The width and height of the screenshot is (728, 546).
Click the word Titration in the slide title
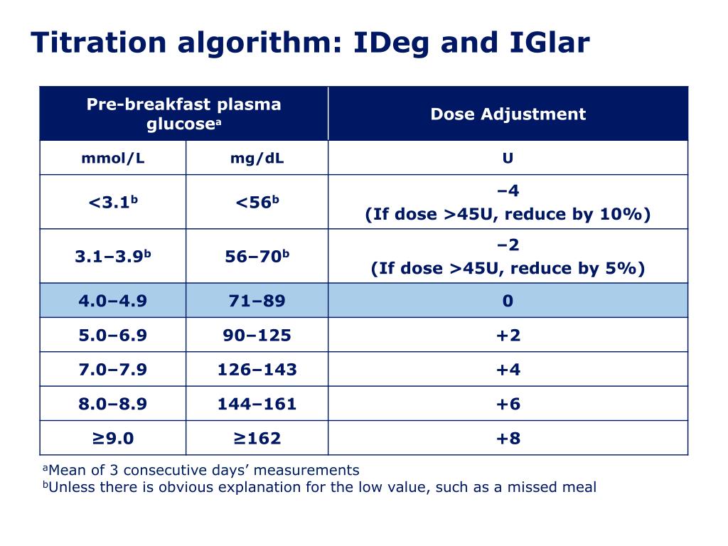pyautogui.click(x=97, y=43)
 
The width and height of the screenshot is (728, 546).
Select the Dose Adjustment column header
pyautogui.click(x=508, y=114)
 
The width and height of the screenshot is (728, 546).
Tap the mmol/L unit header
pyautogui.click(x=112, y=158)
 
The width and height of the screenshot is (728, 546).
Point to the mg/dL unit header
pyautogui.click(x=257, y=158)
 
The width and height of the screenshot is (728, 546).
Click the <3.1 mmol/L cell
pyautogui.click(x=112, y=203)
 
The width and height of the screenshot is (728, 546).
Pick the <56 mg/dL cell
pyautogui.click(x=257, y=203)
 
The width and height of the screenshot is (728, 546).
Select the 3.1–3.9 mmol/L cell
pyautogui.click(x=112, y=256)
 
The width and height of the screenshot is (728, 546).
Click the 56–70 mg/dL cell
pyautogui.click(x=257, y=256)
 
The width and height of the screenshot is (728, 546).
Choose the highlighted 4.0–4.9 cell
pyautogui.click(x=112, y=301)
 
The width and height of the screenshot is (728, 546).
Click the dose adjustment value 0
pyautogui.click(x=508, y=301)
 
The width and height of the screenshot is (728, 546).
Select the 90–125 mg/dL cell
pyautogui.click(x=257, y=335)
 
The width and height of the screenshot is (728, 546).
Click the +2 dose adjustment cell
pyautogui.click(x=508, y=335)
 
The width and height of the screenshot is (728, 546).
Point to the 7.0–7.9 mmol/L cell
pyautogui.click(x=112, y=370)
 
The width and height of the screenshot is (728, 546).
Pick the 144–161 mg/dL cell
pyautogui.click(x=257, y=404)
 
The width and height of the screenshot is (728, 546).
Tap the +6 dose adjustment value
pyautogui.click(x=508, y=404)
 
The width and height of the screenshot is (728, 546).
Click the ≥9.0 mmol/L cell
pyautogui.click(x=112, y=438)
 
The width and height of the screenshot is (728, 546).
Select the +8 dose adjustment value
pyautogui.click(x=508, y=438)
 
